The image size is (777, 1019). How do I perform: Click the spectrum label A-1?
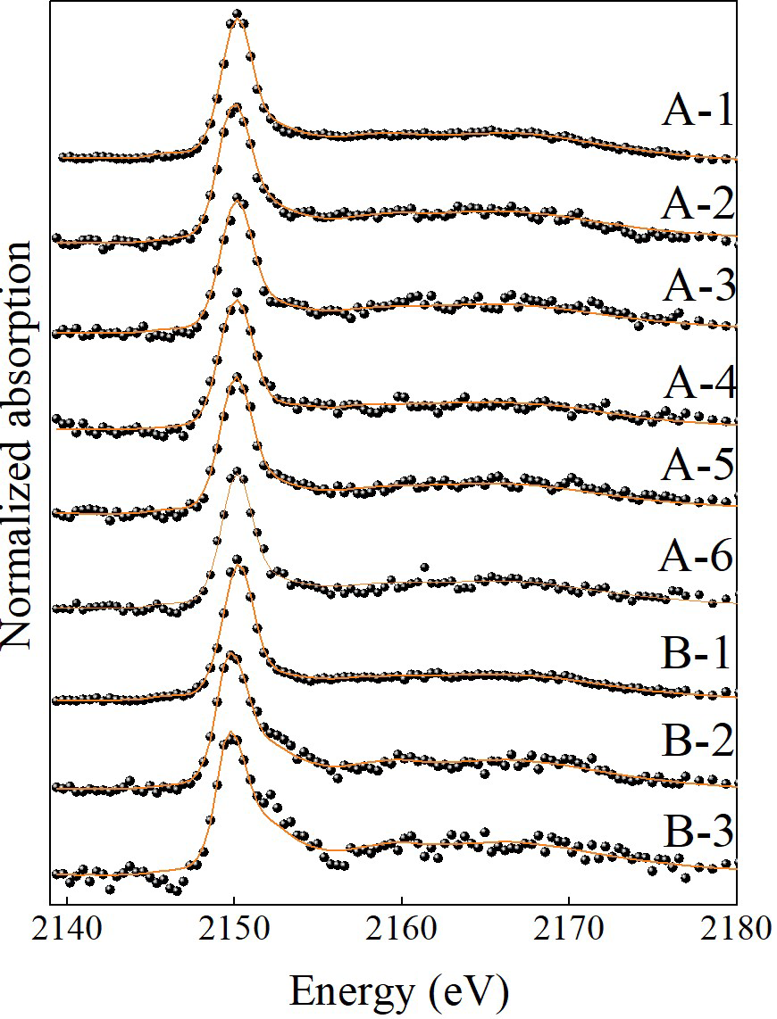(x=697, y=113)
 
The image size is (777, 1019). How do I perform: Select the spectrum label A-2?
(x=697, y=204)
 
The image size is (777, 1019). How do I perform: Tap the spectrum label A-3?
(x=697, y=287)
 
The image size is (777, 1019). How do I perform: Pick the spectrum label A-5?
(x=697, y=466)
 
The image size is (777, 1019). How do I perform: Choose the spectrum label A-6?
(x=697, y=559)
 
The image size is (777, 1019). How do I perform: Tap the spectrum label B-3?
(x=697, y=837)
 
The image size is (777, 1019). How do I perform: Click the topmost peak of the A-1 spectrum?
(x=237, y=14)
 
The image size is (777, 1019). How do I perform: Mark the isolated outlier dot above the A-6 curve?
(x=424, y=567)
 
